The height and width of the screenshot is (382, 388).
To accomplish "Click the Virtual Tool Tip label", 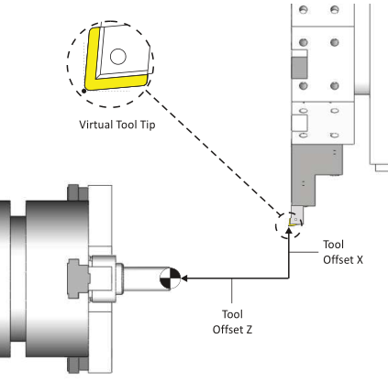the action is [117, 125].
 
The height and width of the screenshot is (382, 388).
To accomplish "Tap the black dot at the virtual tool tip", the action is [84, 91].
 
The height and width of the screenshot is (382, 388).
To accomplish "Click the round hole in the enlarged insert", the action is [118, 57].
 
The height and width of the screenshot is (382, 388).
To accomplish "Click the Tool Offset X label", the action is [343, 252].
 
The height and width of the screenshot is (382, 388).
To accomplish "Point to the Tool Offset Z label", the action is [232, 322].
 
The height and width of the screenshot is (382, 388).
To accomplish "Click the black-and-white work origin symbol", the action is [171, 278].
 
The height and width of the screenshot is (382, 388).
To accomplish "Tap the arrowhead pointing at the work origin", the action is [184, 278].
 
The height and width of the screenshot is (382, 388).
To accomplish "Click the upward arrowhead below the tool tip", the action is [289, 231].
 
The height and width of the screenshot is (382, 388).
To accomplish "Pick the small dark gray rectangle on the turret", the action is [299, 68].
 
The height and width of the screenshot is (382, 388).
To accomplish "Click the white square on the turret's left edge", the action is [299, 123].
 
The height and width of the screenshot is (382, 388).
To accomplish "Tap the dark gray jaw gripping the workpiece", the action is [79, 278].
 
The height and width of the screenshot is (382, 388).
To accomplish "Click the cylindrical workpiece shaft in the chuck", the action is [147, 278].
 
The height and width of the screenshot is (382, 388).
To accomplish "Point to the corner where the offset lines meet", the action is [289, 278].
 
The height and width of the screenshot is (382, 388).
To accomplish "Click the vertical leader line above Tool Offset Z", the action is [232, 291].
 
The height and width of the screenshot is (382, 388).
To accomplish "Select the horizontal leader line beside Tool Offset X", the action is [304, 252].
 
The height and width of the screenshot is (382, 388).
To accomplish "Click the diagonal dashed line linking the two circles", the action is [214, 154].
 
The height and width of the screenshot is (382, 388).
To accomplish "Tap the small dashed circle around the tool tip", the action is [275, 226].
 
